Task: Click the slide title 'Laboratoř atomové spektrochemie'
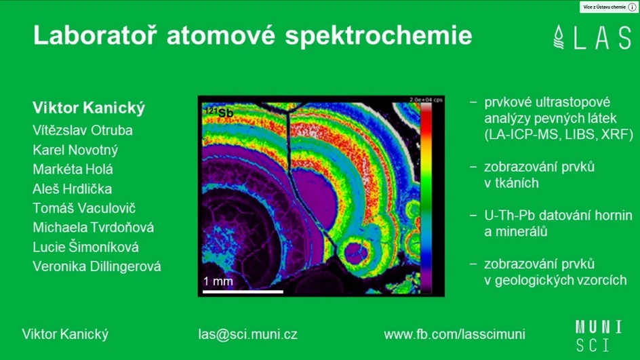pyautogui.click(x=252, y=35)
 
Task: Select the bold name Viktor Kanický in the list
pyautogui.click(x=89, y=108)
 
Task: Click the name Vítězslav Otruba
pyautogui.click(x=83, y=130)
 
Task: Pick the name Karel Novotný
pyautogui.click(x=75, y=150)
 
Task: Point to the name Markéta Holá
pyautogui.click(x=73, y=169)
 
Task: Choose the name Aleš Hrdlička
pyautogui.click(x=73, y=189)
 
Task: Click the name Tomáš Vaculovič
pyautogui.click(x=84, y=208)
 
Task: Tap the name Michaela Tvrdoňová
pyautogui.click(x=94, y=228)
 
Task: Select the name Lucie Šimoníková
pyautogui.click(x=85, y=247)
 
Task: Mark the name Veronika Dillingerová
pyautogui.click(x=97, y=266)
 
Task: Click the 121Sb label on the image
pyautogui.click(x=219, y=111)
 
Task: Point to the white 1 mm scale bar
pyautogui.click(x=243, y=292)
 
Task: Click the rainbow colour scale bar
pyautogui.click(x=426, y=197)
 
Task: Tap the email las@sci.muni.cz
pyautogui.click(x=248, y=334)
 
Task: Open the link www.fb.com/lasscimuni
pyautogui.click(x=454, y=334)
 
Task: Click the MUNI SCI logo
pyautogui.click(x=593, y=335)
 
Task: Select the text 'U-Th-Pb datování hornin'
pyautogui.click(x=558, y=216)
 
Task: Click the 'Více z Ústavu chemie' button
pyautogui.click(x=609, y=7)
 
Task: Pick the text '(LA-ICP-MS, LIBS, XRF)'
pyautogui.click(x=559, y=135)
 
